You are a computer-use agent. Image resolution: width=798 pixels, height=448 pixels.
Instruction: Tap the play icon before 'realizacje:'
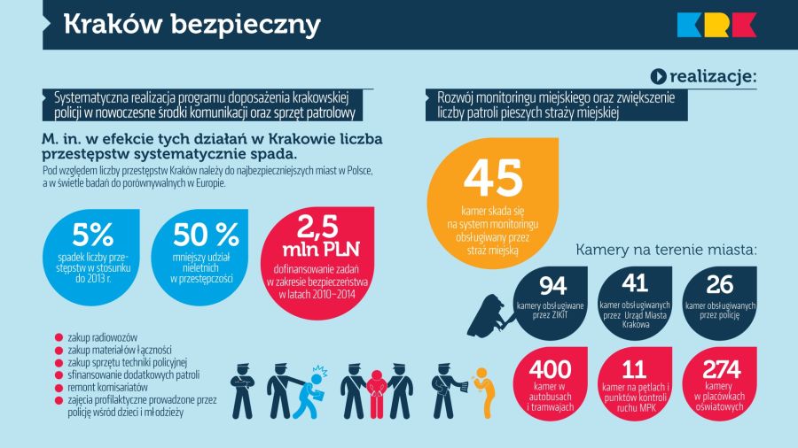658,77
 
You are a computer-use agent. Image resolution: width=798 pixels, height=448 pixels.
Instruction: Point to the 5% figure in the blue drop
93,235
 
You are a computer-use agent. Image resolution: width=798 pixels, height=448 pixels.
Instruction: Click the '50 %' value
206,235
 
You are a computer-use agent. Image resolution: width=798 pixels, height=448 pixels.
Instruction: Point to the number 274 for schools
719,370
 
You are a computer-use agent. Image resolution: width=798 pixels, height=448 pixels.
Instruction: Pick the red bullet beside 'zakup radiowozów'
59,337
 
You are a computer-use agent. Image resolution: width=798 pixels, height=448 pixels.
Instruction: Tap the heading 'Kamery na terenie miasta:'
666,250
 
